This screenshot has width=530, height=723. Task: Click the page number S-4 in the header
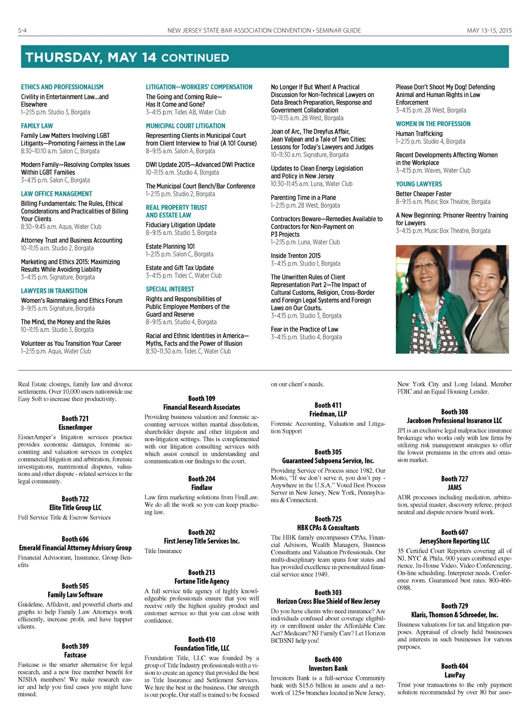click(x=22, y=31)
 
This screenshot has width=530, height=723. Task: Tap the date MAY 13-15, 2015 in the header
click(x=489, y=31)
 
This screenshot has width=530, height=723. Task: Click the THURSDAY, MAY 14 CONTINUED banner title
click(x=127, y=57)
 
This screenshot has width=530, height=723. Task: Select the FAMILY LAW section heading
click(x=37, y=126)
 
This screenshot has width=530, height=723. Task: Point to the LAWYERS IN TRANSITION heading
click(x=54, y=291)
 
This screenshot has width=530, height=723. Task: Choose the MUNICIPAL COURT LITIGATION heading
click(x=185, y=126)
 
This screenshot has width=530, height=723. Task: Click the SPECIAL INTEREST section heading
click(x=170, y=289)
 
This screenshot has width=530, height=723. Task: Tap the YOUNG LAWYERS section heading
click(x=419, y=184)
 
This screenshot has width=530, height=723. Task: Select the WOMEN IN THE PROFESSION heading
click(x=433, y=124)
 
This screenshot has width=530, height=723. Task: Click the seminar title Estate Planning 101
click(x=170, y=247)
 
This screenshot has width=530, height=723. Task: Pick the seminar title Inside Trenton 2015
click(x=296, y=256)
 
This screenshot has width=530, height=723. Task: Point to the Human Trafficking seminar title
click(x=419, y=134)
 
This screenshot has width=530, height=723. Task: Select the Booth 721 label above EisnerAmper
click(x=75, y=418)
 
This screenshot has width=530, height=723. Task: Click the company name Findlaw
click(x=201, y=487)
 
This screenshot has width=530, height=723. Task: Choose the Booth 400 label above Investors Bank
click(x=328, y=660)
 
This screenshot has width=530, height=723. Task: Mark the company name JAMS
click(x=454, y=487)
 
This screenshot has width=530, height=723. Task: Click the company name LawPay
click(x=454, y=675)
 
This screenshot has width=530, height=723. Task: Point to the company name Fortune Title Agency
click(x=201, y=581)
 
